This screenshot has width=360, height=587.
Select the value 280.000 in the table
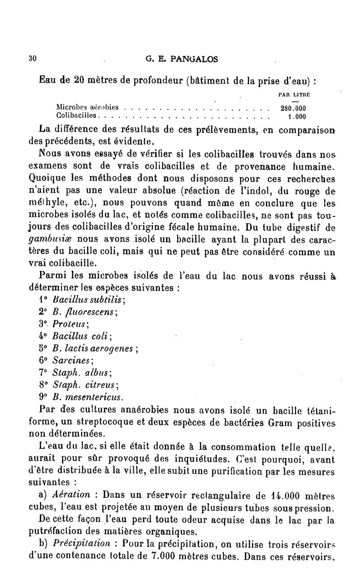click(x=293, y=108)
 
